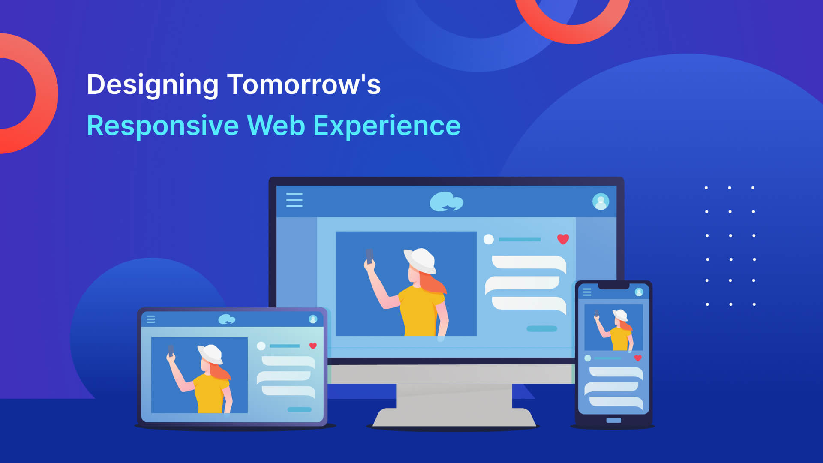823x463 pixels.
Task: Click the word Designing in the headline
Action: [153, 85]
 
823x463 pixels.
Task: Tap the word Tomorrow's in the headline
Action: [304, 84]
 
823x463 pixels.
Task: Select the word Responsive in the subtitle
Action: [162, 126]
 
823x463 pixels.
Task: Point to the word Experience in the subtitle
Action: [387, 126]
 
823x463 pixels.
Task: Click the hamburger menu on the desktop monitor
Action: [294, 200]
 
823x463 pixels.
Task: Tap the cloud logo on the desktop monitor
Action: [446, 201]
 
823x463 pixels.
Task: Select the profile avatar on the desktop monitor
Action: [601, 201]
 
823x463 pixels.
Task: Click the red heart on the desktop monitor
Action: [563, 239]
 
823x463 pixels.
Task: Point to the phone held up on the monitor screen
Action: [369, 256]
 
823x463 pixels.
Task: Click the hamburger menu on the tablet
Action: [151, 319]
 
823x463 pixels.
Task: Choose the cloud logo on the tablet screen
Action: [227, 319]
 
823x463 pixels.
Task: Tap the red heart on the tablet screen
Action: [313, 346]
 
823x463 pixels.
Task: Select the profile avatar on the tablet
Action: [313, 319]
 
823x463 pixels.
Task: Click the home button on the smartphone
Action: [613, 420]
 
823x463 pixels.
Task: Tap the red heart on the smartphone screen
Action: [638, 358]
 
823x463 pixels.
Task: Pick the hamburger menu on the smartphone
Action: [587, 292]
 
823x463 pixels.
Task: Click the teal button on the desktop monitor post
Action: [542, 329]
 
